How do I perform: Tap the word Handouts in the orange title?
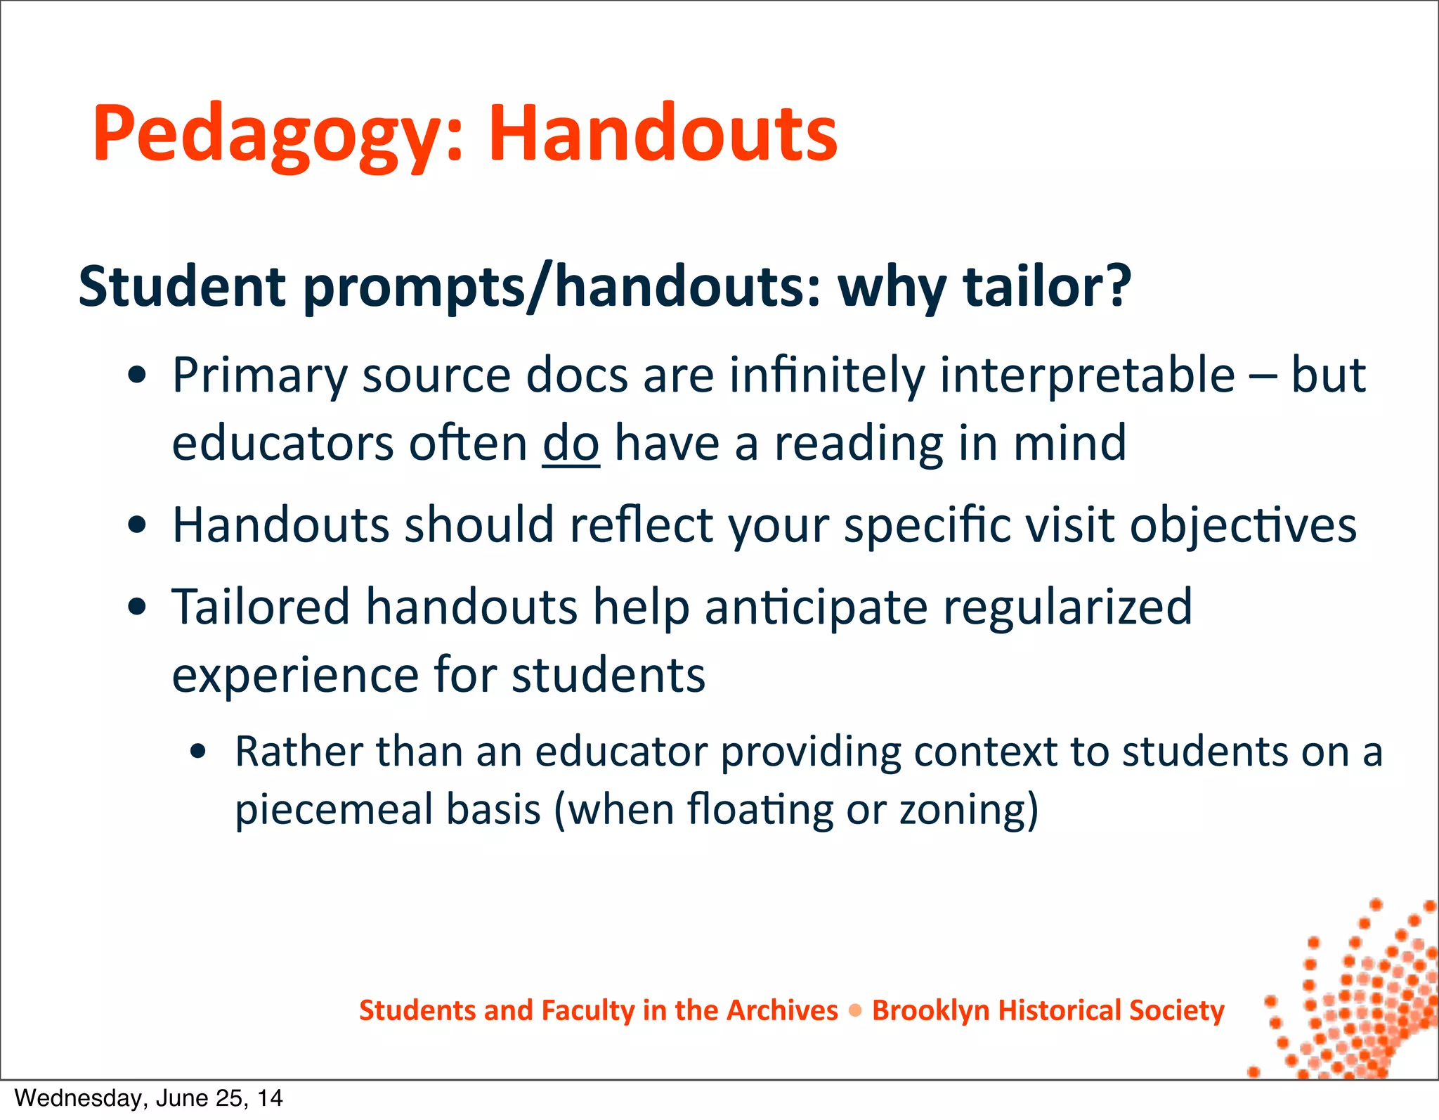[663, 134]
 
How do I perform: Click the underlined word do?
[571, 443]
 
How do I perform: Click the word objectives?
[1243, 525]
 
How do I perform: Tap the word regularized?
[1067, 606]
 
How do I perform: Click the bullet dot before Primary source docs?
[138, 376]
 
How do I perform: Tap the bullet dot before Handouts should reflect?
[138, 525]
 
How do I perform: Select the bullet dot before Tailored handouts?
[138, 607]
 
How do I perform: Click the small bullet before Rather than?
[198, 752]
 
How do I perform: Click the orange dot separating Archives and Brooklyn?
[855, 1011]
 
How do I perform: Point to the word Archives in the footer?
[782, 1010]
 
